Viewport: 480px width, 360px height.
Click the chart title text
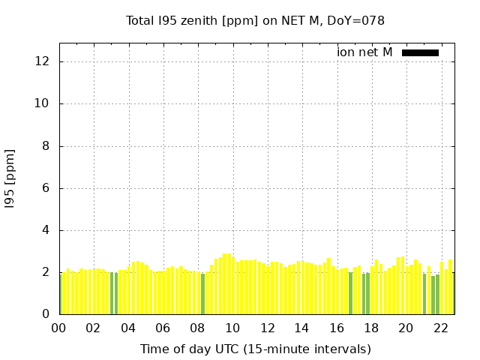click(x=255, y=20)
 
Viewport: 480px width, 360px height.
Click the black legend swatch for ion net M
click(x=420, y=52)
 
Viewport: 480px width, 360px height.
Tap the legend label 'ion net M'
click(x=364, y=52)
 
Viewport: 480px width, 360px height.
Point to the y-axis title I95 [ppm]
click(x=10, y=178)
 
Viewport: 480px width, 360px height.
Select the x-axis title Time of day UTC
click(x=255, y=349)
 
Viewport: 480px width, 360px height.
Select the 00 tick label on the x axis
click(x=59, y=328)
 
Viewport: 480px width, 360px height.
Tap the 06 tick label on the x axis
click(x=163, y=328)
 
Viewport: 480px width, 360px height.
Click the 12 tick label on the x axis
click(x=267, y=328)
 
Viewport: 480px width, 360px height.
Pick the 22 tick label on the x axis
click(x=441, y=328)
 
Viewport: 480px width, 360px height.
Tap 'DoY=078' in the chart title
click(x=359, y=20)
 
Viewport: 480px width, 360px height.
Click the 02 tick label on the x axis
click(x=94, y=328)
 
